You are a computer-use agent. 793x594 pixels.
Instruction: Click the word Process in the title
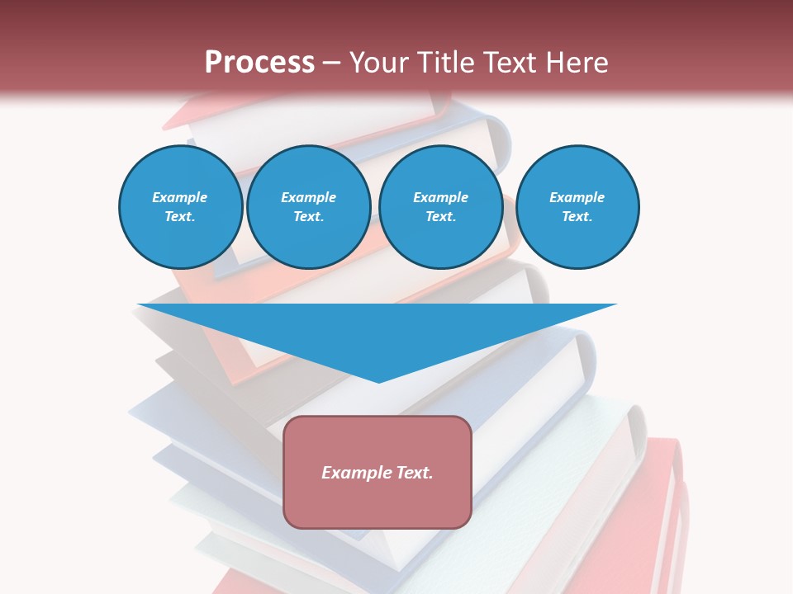[x=259, y=63]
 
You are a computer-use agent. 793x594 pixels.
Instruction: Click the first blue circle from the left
[x=180, y=207]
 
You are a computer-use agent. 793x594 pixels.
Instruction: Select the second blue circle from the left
[x=308, y=207]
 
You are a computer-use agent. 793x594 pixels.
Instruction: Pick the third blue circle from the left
[x=440, y=207]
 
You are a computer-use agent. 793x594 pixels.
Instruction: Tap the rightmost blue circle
[x=577, y=207]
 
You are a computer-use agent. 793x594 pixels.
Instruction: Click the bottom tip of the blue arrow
[x=378, y=380]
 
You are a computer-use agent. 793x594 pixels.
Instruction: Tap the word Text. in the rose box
[x=412, y=473]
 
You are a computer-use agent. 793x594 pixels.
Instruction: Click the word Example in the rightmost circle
[x=577, y=197]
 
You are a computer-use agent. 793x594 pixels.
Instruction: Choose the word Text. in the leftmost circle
[x=180, y=217]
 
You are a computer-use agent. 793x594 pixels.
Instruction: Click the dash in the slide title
[x=331, y=64]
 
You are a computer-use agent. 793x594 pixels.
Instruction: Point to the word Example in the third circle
[x=440, y=197]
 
